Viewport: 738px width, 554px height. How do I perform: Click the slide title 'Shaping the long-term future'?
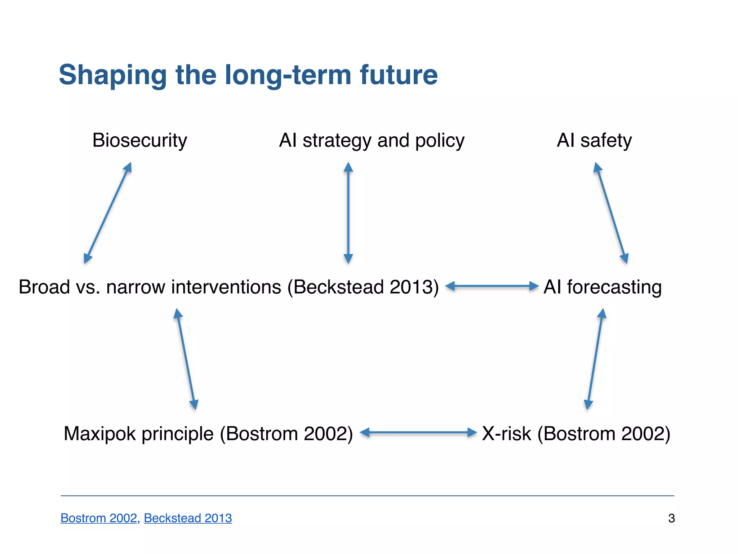coord(248,75)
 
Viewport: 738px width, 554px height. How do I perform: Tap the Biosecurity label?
coord(140,140)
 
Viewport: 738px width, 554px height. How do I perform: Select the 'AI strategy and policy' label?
coord(372,140)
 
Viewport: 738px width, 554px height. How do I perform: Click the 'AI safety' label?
coord(594,140)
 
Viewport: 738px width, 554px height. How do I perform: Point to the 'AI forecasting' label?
coord(603,287)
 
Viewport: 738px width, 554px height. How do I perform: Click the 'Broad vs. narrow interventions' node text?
coord(228,287)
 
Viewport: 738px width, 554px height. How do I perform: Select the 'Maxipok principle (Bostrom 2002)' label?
coord(208,434)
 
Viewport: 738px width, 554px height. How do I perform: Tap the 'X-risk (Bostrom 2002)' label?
coord(576,434)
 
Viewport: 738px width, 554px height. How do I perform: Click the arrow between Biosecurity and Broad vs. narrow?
coord(107,213)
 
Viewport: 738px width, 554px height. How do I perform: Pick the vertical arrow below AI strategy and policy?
coord(348,213)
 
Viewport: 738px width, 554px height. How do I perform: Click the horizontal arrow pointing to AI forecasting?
coord(492,286)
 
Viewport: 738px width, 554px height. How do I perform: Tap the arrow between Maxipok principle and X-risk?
coord(418,432)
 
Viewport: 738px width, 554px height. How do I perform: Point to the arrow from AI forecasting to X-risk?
coord(595,359)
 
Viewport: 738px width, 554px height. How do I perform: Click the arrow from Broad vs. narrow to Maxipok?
coord(186,359)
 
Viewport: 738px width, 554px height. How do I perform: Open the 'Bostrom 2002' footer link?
coord(98,518)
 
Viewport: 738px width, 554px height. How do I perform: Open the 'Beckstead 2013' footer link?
coord(188,518)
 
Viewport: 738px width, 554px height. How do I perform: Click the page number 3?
coord(671,518)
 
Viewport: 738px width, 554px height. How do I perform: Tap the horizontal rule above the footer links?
coord(367,496)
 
